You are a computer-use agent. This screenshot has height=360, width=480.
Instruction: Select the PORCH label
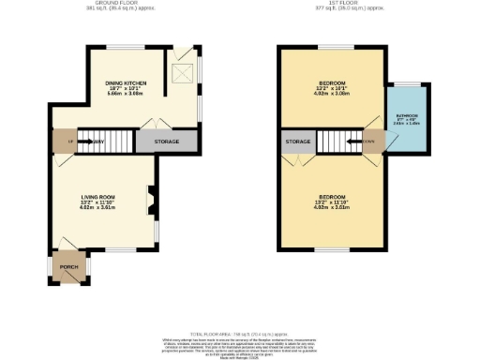tap(68, 266)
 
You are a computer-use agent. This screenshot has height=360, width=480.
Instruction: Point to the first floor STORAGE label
tap(298, 142)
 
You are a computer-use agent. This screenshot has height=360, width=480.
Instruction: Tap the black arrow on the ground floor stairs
tap(86, 142)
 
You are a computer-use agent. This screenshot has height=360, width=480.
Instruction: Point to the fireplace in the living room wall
tap(151, 200)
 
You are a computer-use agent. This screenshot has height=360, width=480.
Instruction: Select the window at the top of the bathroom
tap(406, 83)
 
